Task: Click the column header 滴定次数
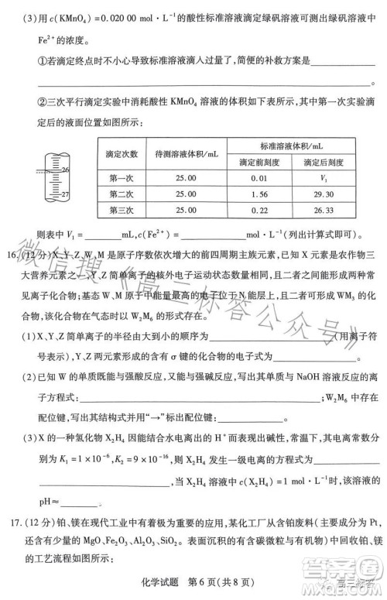[122, 154]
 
